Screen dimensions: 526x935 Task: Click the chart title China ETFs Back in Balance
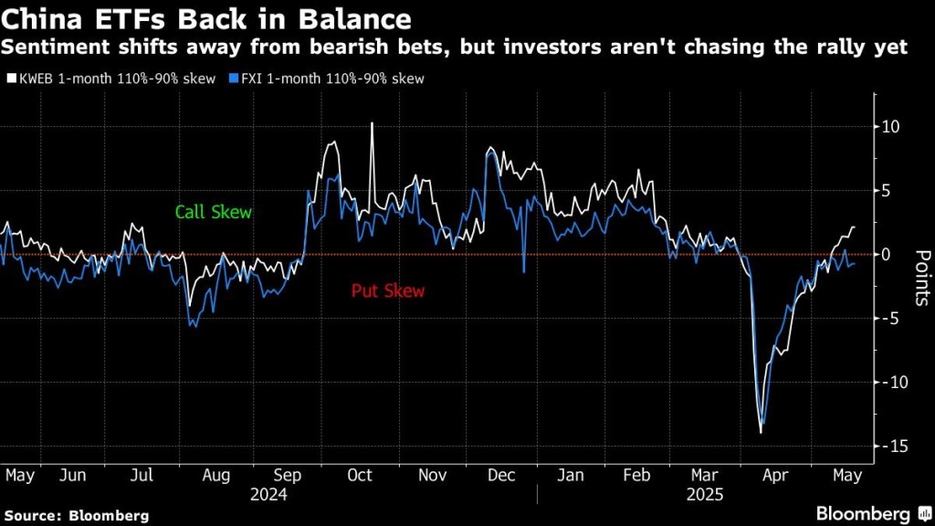pyautogui.click(x=205, y=18)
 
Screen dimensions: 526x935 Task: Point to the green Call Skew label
pyautogui.click(x=214, y=212)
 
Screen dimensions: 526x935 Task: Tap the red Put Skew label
pyautogui.click(x=388, y=291)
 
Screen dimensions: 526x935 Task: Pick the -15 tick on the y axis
pyautogui.click(x=892, y=446)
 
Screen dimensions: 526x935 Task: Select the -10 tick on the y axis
pyautogui.click(x=892, y=382)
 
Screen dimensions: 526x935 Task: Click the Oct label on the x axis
pyautogui.click(x=361, y=475)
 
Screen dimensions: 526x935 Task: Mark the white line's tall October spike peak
pyautogui.click(x=372, y=122)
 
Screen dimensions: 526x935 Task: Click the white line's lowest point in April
pyautogui.click(x=761, y=432)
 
